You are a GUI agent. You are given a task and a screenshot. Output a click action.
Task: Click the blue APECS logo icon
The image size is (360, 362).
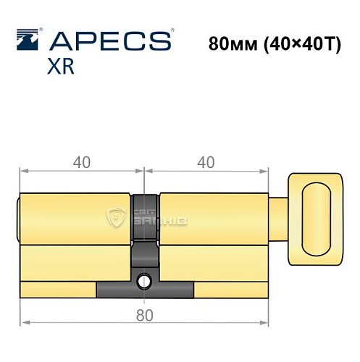(x=27, y=40)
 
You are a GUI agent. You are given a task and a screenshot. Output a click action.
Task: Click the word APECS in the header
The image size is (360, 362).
(x=109, y=40)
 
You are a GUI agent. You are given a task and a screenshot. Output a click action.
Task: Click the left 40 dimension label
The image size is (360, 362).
(x=82, y=163)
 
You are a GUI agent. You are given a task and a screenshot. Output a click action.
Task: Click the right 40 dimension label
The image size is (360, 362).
(x=206, y=163)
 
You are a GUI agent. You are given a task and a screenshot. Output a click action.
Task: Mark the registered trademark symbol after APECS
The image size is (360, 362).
(x=172, y=31)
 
